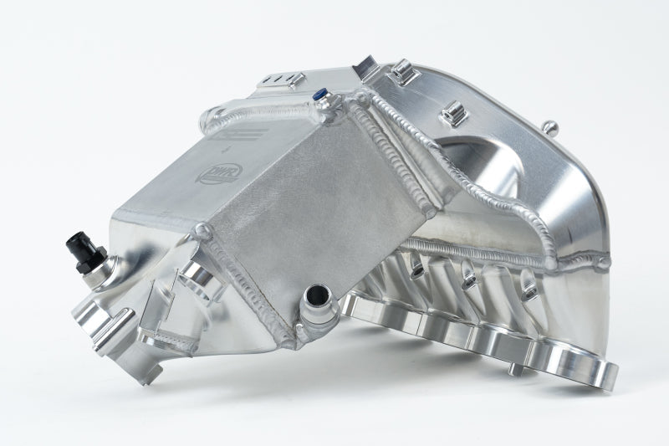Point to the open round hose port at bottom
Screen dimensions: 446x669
coord(317,296)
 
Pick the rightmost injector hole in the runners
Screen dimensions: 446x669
coord(529,290)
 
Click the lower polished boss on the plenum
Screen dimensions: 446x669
coord(452,109)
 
